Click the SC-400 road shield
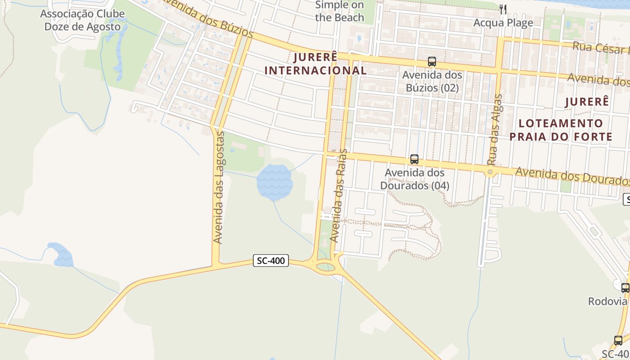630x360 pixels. point(270,261)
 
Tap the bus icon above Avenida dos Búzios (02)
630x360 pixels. point(432,62)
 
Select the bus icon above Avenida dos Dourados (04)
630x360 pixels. point(414,159)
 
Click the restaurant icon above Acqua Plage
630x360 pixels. point(503,9)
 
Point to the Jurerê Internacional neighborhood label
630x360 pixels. point(315,64)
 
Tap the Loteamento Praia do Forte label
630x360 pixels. point(561,130)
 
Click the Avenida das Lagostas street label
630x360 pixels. point(218,188)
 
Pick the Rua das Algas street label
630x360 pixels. point(495,130)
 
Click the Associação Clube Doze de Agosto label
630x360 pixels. point(82,20)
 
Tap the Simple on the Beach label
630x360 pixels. point(339,11)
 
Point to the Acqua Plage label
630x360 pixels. point(503,22)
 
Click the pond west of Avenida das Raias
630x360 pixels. point(274,182)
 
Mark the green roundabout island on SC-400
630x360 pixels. point(326,267)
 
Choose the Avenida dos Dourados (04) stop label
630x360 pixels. point(414,179)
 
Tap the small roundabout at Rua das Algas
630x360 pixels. point(490,172)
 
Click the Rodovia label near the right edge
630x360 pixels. point(607,301)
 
